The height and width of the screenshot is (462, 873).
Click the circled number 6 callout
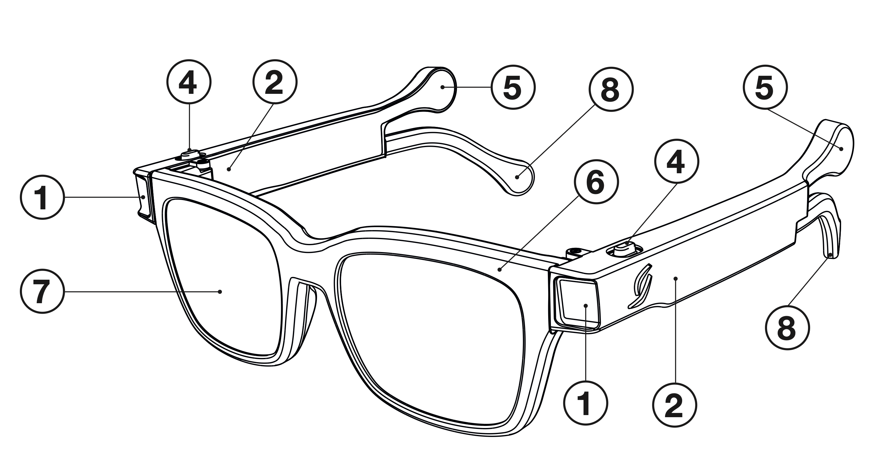pos(596,182)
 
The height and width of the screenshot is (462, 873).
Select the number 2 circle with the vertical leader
pos(674,405)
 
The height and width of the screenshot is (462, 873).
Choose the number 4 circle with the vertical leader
pos(189,82)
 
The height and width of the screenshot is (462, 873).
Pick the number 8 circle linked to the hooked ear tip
pos(787,328)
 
